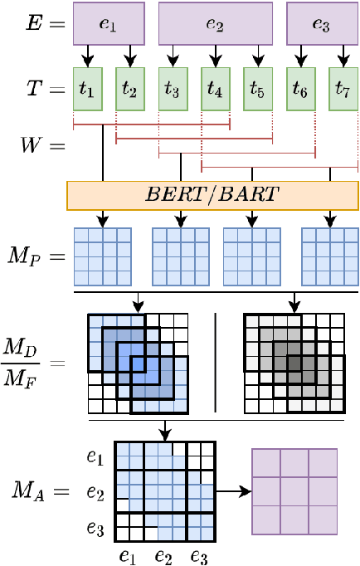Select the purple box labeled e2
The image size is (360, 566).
(216, 23)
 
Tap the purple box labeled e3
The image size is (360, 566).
(320, 23)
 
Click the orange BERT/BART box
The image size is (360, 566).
(216, 195)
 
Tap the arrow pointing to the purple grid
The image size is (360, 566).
(232, 491)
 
